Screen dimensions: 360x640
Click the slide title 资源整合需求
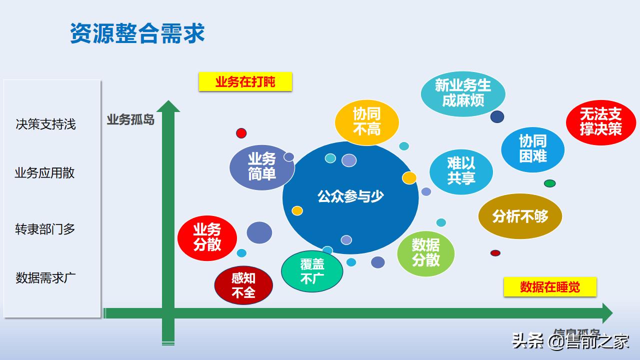137,34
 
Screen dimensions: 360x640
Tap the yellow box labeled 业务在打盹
245,82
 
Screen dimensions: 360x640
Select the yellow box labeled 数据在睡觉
550,287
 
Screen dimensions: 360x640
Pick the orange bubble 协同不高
367,122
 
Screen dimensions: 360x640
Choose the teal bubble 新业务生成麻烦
463,93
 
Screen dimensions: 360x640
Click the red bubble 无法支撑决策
600,122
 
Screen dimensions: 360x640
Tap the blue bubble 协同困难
533,149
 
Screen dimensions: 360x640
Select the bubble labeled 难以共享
461,171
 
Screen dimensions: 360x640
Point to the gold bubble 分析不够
520,216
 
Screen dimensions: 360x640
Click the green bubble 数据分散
426,252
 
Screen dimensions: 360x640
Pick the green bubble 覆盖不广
312,271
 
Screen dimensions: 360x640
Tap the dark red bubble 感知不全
243,285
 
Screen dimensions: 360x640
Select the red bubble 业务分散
207,238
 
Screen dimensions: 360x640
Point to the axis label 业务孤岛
130,120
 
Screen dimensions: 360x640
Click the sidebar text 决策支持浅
45,124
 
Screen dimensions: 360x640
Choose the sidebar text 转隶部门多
45,229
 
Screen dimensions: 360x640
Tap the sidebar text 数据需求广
45,278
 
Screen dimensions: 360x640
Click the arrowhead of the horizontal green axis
607,313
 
